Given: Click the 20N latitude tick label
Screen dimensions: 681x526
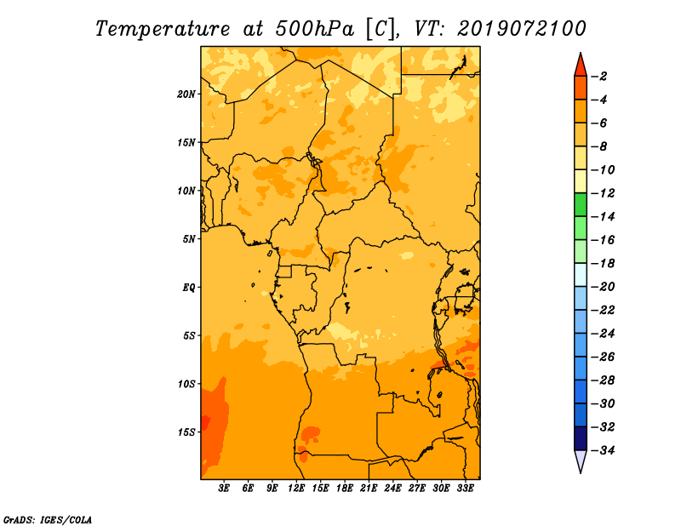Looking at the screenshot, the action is tap(186, 94).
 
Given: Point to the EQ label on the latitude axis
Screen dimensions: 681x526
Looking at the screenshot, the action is tap(189, 288).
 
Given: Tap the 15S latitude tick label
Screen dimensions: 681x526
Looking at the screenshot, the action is tap(186, 432).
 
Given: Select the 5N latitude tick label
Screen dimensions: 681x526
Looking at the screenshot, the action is tap(189, 239).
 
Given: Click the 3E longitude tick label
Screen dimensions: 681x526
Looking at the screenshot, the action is tap(224, 489).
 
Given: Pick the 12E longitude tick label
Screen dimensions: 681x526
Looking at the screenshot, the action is tap(296, 489).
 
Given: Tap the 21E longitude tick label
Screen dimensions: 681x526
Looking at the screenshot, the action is tap(369, 489).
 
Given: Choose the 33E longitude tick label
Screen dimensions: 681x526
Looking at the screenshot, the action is tap(465, 489).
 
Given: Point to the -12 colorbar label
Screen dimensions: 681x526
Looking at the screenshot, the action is tap(604, 193).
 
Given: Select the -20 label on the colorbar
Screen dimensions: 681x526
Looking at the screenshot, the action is tap(604, 287).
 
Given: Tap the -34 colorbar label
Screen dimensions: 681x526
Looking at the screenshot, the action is tap(604, 450).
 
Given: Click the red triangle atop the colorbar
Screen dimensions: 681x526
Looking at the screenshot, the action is tap(581, 66).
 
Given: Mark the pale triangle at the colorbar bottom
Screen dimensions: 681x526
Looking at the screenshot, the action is tap(581, 460).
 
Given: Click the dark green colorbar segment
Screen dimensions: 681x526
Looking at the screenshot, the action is tap(581, 204).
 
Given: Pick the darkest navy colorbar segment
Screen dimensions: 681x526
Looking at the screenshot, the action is tap(581, 438).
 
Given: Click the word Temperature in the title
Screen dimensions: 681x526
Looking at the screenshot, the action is tap(163, 29).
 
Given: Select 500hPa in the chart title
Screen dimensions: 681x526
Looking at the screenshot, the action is tap(315, 29).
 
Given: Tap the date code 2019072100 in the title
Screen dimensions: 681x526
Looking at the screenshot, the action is tap(522, 29).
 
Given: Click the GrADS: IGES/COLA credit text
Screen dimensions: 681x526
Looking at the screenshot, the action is tap(48, 519).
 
